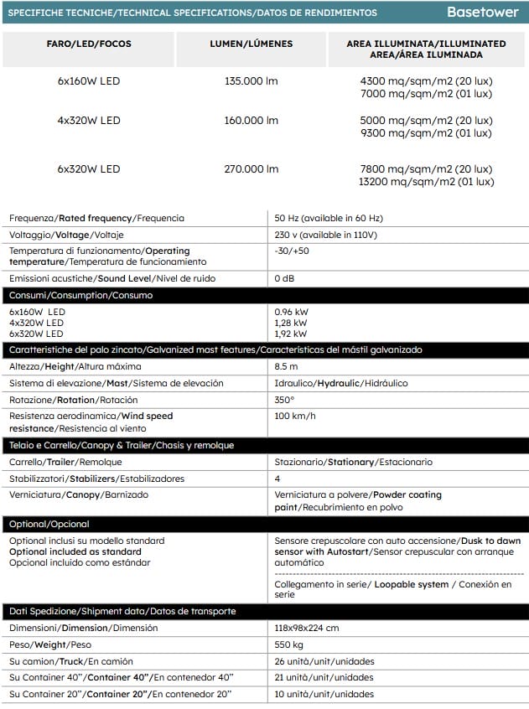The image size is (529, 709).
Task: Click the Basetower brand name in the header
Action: tap(482, 13)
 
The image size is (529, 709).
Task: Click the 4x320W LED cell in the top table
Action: tap(89, 120)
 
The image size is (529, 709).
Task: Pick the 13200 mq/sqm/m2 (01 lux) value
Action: tap(426, 181)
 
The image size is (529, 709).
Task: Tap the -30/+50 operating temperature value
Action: tap(292, 251)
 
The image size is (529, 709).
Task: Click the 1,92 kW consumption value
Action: tap(290, 333)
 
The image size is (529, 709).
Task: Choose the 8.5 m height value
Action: tap(287, 366)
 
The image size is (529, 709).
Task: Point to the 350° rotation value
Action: tap(285, 400)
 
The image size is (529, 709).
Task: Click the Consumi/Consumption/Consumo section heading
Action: tap(81, 295)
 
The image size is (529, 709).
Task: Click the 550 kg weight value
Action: tap(290, 644)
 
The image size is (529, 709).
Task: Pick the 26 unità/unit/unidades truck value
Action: tap(324, 661)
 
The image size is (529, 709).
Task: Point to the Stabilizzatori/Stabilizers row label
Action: tap(96, 479)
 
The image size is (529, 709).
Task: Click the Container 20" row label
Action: tap(120, 694)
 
